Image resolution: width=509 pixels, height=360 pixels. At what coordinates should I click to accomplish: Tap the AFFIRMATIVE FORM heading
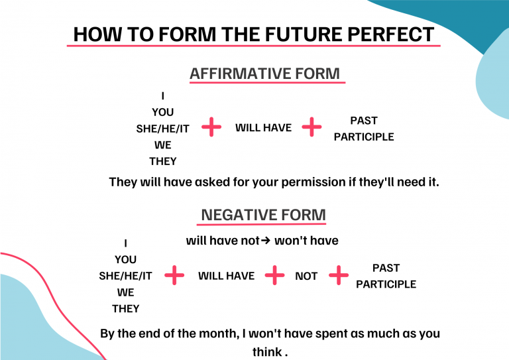click(x=264, y=74)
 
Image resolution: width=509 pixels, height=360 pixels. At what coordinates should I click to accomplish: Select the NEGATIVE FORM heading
click(x=263, y=215)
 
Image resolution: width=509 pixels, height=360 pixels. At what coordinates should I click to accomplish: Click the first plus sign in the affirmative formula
click(x=211, y=127)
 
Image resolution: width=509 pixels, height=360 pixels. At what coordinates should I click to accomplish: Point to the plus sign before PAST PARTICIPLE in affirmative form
click(x=311, y=127)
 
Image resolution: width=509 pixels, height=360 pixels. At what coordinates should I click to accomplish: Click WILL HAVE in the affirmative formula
click(x=263, y=127)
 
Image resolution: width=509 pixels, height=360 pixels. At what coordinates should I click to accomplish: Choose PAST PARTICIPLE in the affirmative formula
click(x=364, y=129)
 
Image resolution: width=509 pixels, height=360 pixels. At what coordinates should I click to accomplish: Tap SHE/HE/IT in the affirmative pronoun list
click(x=162, y=129)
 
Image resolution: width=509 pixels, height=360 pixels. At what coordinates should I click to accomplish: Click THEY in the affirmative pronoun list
click(x=162, y=161)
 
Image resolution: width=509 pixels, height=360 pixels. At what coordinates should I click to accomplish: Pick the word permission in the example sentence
click(x=313, y=182)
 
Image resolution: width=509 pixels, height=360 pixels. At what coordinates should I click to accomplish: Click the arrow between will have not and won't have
click(x=266, y=241)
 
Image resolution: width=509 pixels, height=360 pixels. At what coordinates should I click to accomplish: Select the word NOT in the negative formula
click(x=306, y=276)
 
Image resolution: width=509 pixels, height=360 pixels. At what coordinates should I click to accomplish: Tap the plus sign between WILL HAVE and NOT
click(x=274, y=275)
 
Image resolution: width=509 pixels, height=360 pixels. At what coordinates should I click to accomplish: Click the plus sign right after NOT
click(x=339, y=275)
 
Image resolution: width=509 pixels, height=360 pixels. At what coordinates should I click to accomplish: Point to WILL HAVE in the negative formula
click(x=226, y=276)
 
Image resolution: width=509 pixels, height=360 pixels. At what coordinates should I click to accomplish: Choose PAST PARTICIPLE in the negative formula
click(x=386, y=276)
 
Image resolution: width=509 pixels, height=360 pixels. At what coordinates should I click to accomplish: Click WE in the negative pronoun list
click(x=126, y=292)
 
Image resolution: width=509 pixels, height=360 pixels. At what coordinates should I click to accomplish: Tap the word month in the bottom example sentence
click(x=218, y=333)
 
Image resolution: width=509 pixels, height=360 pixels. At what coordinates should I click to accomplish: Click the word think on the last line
click(x=267, y=351)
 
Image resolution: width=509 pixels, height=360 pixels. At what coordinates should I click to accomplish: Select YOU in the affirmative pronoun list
click(x=162, y=112)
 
